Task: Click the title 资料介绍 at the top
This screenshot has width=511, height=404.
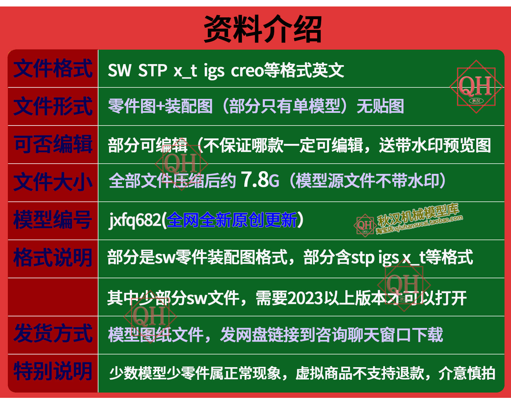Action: coord(263,29)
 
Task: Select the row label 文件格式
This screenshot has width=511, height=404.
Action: coord(53,69)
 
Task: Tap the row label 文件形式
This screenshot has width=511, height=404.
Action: coord(53,106)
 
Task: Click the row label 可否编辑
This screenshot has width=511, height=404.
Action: coord(53,144)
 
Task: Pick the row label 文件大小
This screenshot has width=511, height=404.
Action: coord(53,182)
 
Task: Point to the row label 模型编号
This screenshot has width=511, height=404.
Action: coord(53,220)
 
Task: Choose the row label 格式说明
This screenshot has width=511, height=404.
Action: coord(53,258)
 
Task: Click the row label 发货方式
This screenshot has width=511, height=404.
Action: coord(53,333)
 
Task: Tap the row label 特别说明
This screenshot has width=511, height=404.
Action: coord(53,372)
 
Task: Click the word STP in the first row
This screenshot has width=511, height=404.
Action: coord(153,71)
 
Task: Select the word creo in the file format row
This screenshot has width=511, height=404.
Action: coord(247,71)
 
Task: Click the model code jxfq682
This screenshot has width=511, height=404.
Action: coord(135,220)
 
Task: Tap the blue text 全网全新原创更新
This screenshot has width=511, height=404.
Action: coord(232,220)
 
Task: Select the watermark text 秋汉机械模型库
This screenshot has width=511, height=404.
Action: coord(418,215)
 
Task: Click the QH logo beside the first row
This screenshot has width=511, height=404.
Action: coord(476,87)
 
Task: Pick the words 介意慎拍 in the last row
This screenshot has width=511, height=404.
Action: coord(467,373)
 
